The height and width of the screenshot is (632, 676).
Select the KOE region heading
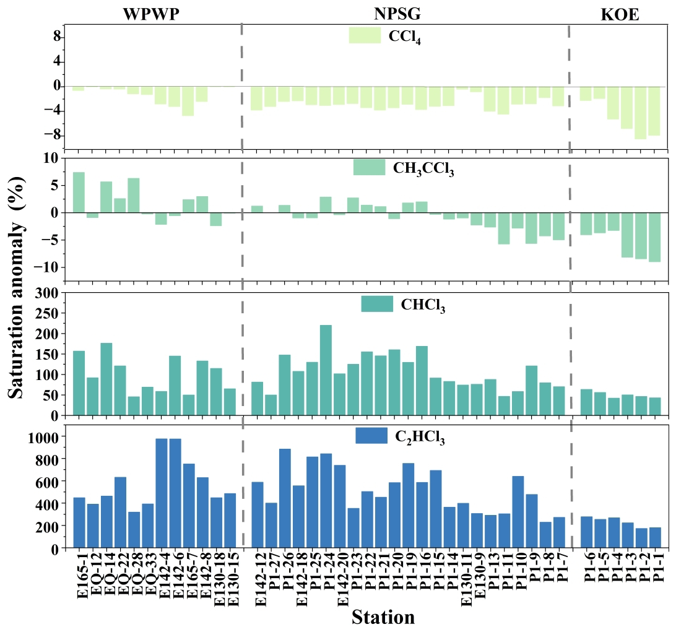(x=620, y=15)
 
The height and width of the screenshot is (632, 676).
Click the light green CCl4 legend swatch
(x=364, y=35)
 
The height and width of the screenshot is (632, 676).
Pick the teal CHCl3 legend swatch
(x=376, y=304)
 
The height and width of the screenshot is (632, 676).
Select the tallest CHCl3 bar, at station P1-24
(x=326, y=370)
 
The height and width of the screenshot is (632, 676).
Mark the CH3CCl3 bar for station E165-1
(x=79, y=192)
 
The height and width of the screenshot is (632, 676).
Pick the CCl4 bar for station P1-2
(x=641, y=113)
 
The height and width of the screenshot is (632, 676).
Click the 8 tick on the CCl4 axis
(x=56, y=37)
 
